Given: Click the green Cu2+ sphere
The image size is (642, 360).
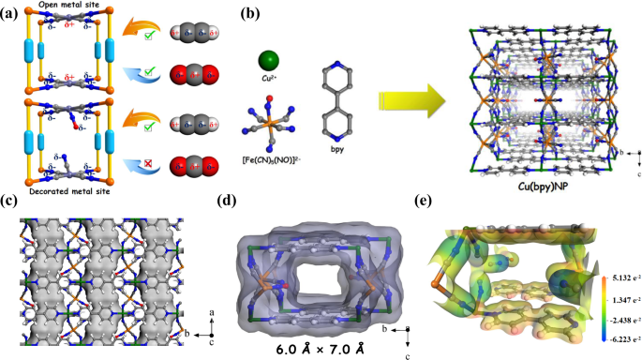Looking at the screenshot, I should point(268,63).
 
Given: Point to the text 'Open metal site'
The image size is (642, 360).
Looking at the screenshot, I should point(69,7).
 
